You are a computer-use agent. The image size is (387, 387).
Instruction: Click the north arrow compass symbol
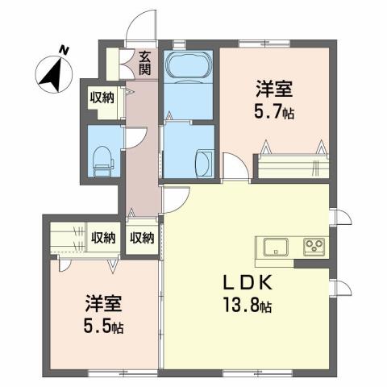(x=54, y=70)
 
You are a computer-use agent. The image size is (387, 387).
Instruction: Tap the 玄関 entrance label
(x=144, y=63)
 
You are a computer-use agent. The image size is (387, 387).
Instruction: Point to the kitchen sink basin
(x=273, y=246)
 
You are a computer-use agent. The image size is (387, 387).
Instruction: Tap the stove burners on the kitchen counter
(x=314, y=245)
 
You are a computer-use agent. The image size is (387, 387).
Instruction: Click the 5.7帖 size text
(x=274, y=113)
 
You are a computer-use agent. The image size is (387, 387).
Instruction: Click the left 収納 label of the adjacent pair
(x=102, y=238)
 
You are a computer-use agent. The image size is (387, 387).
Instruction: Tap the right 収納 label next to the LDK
(x=143, y=238)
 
